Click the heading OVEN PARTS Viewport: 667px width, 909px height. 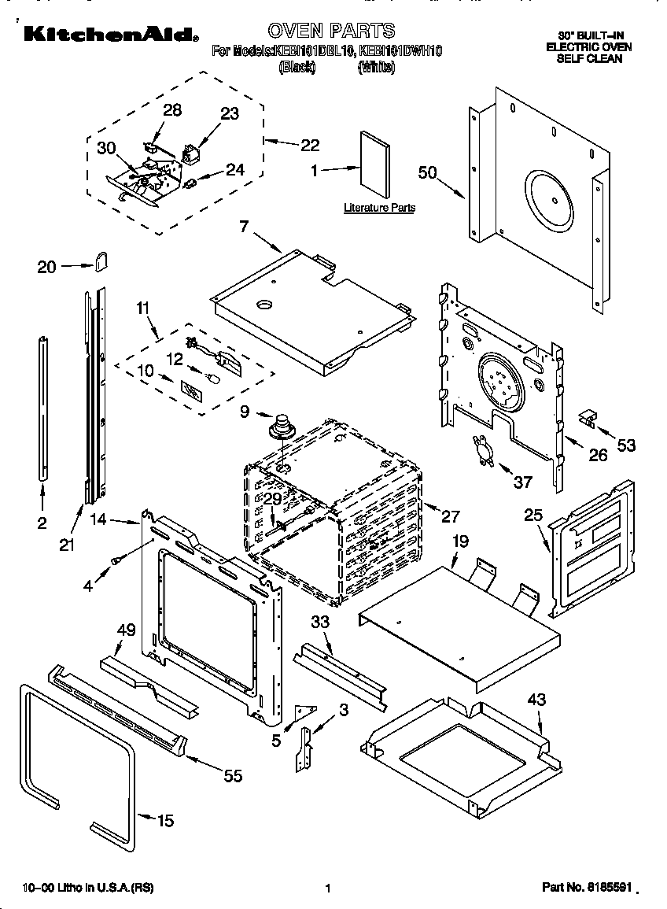point(330,31)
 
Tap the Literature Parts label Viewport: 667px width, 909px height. point(379,208)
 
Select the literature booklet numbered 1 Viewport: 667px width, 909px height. point(375,166)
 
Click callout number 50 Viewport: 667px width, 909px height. point(427,173)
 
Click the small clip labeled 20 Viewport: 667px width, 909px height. point(101,261)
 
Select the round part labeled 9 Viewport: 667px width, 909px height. point(280,428)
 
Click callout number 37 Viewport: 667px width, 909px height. point(522,482)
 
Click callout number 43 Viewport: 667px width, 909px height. point(536,699)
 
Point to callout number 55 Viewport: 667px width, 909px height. point(232,776)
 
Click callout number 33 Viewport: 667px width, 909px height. point(319,621)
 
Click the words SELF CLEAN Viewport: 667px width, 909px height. point(590,58)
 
